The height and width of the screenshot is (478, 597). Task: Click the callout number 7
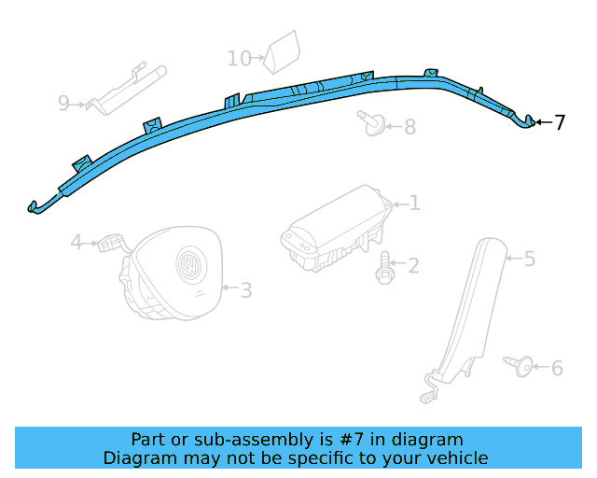(x=559, y=122)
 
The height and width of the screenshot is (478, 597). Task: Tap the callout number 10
(x=239, y=59)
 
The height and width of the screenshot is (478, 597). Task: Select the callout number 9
(x=63, y=103)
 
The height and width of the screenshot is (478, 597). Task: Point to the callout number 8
(x=410, y=126)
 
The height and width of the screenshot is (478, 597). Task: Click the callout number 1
(x=414, y=203)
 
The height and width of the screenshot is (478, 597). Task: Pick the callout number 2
(x=412, y=266)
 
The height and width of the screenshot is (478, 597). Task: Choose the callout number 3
(x=245, y=290)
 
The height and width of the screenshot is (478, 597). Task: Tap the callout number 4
(x=77, y=244)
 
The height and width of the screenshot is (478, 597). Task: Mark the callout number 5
(x=529, y=259)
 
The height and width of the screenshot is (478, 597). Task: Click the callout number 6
(x=557, y=368)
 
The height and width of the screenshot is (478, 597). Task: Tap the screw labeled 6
(x=520, y=366)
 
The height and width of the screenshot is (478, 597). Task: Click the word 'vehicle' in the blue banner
(x=453, y=457)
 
